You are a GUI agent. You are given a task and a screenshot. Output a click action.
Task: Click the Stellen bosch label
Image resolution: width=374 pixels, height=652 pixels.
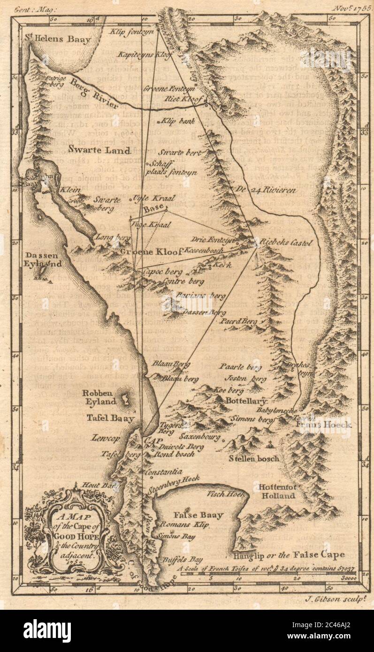click(x=255, y=458)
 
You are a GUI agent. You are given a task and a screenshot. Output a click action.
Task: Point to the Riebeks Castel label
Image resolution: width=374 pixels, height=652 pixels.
click(x=285, y=243)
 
